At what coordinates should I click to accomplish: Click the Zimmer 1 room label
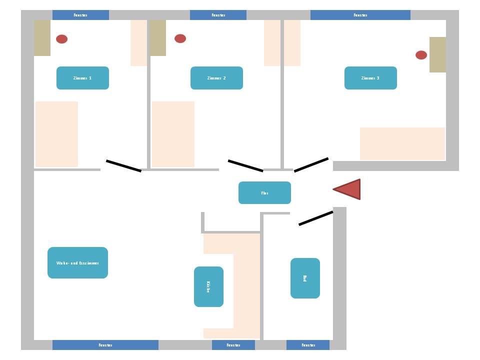(x=82, y=78)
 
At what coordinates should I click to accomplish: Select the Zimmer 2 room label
(x=216, y=78)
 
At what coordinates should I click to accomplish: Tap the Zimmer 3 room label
(x=370, y=78)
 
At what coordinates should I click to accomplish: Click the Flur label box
(x=264, y=192)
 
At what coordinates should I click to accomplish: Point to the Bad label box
(x=305, y=278)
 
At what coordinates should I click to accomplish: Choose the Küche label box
(x=208, y=286)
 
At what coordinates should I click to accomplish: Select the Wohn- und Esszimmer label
(x=77, y=262)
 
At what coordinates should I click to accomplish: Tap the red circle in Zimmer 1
(x=61, y=39)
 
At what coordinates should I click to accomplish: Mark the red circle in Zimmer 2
(x=180, y=38)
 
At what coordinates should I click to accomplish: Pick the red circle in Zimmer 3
(x=421, y=55)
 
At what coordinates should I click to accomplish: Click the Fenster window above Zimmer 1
(x=80, y=15)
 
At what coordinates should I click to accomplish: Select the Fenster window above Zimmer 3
(x=360, y=15)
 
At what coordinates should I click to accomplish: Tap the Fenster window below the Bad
(x=308, y=345)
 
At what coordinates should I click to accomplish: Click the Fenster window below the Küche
(x=233, y=345)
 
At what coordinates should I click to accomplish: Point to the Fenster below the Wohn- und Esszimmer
(x=105, y=345)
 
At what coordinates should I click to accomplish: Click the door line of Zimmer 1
(x=124, y=166)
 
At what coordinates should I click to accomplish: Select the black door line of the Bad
(x=315, y=218)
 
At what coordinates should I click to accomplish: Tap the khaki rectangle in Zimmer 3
(x=437, y=54)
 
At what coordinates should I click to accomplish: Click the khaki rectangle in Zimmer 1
(x=42, y=38)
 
